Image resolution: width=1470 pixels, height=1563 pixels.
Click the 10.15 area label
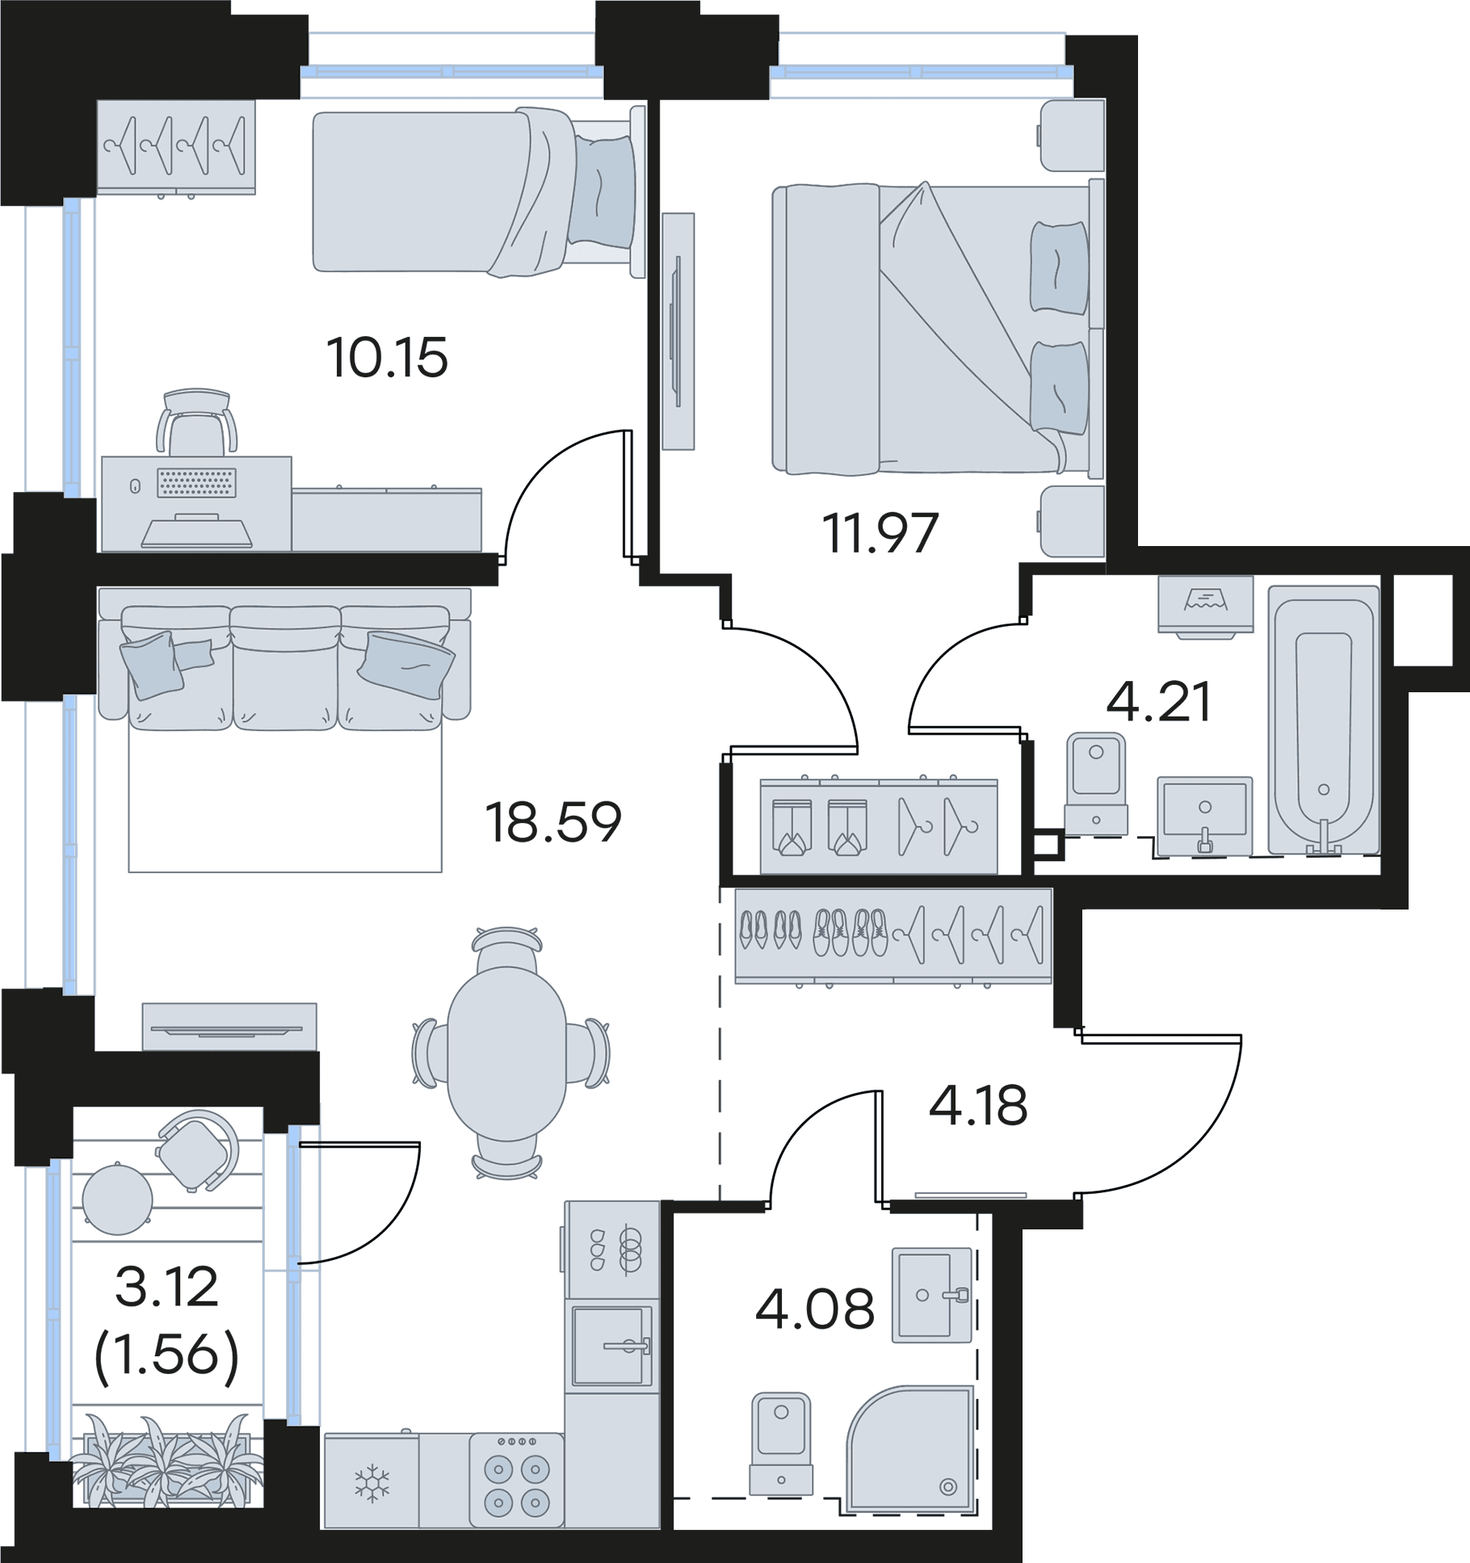click(x=387, y=358)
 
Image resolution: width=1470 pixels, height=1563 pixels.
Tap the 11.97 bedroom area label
click(x=880, y=533)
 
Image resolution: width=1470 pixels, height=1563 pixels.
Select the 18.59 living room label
click(x=553, y=822)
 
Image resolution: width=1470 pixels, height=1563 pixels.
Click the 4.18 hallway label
click(x=978, y=1106)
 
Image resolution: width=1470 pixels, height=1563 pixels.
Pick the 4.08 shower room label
click(x=815, y=1309)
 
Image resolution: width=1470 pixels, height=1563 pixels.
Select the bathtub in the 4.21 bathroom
click(x=1323, y=720)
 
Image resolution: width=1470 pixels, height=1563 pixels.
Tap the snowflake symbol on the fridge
click(x=372, y=1483)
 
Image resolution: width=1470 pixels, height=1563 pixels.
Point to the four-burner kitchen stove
click(x=516, y=1481)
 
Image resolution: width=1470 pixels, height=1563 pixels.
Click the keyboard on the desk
click(x=197, y=483)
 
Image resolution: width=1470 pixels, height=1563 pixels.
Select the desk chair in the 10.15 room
click(x=197, y=422)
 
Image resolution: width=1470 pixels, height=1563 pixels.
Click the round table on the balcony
click(x=118, y=1199)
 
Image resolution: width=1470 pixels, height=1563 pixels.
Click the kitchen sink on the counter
click(x=612, y=1345)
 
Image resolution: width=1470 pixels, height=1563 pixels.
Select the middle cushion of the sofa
click(x=285, y=667)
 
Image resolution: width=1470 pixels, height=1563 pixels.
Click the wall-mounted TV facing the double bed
click(x=678, y=331)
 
